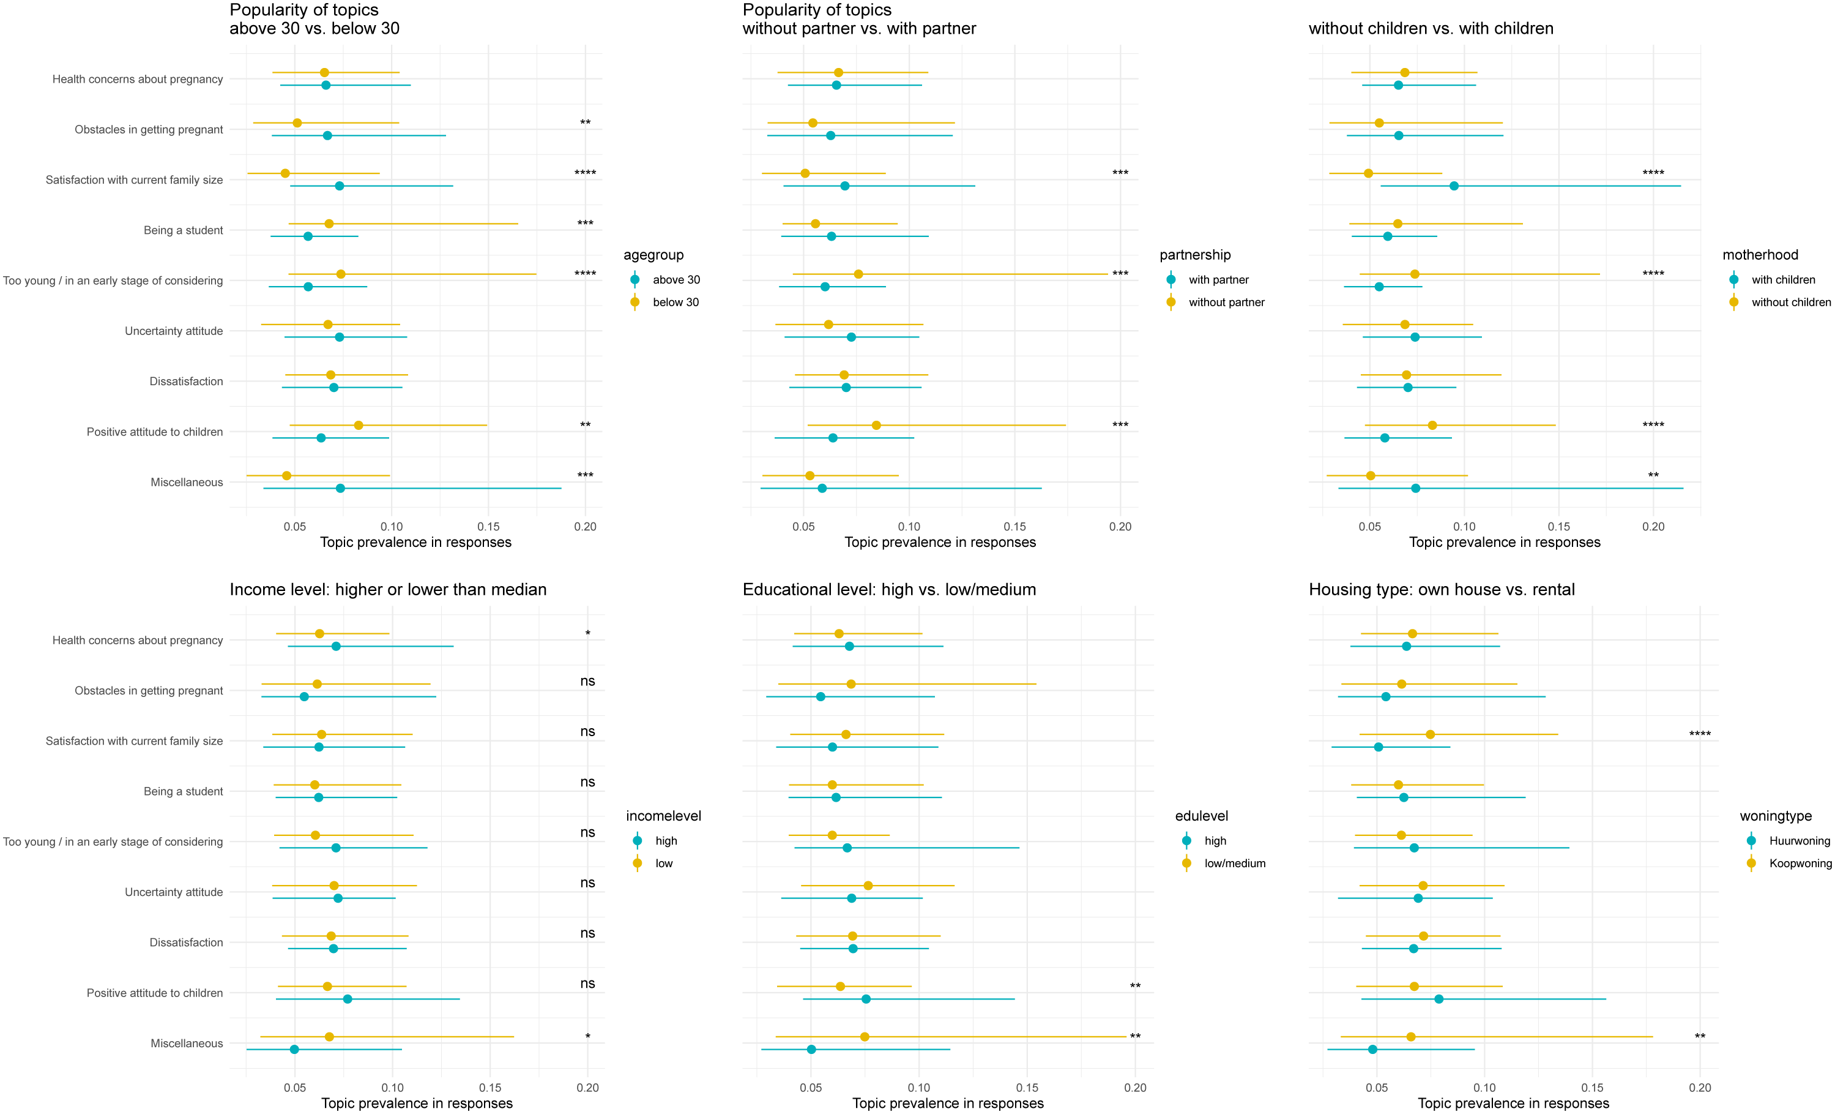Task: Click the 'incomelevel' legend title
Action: click(x=663, y=816)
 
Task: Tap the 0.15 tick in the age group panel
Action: click(x=488, y=527)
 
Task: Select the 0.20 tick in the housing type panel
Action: click(x=1700, y=1088)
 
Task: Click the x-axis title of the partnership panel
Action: click(x=940, y=543)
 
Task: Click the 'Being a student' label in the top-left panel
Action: click(x=183, y=230)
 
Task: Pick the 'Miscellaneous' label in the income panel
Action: click(x=187, y=1043)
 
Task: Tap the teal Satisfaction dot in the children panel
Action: click(x=1454, y=186)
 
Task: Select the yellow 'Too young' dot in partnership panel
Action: click(x=858, y=274)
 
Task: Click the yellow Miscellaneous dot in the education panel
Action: click(x=865, y=1036)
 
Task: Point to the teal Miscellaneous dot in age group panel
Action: click(x=340, y=488)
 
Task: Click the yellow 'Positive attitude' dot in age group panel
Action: click(x=358, y=426)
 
